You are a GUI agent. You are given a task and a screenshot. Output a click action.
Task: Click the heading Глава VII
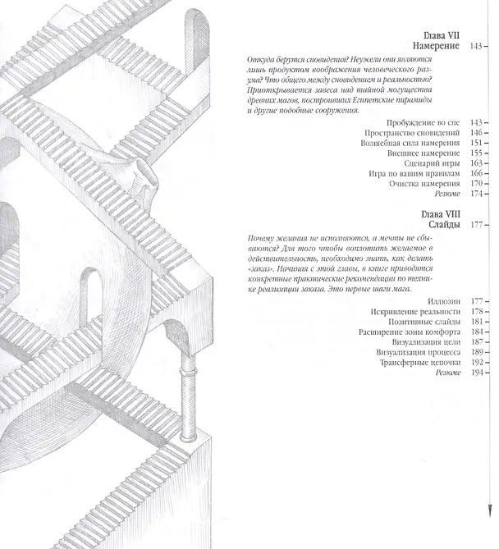(x=442, y=35)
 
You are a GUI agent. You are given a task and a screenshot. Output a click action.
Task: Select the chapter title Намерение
(x=436, y=46)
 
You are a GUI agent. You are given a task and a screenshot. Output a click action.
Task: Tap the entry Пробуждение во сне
(x=423, y=122)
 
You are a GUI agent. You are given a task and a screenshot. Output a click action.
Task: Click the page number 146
(x=477, y=133)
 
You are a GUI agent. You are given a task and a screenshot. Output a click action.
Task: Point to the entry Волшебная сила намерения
(x=410, y=143)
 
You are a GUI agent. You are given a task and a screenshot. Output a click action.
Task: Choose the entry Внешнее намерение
(x=423, y=153)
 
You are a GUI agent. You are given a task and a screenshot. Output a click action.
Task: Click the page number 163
(x=477, y=163)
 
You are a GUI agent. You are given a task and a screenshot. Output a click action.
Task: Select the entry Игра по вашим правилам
(x=414, y=173)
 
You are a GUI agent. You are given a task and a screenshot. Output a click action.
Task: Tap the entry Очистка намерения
(x=424, y=184)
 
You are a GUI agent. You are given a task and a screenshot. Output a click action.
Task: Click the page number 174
(x=477, y=194)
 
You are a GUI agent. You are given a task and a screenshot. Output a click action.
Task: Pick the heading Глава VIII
(x=441, y=214)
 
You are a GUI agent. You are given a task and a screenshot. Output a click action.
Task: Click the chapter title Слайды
(x=444, y=224)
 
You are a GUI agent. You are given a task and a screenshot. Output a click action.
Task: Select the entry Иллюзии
(x=444, y=301)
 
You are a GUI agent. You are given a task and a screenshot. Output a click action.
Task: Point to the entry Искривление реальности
(x=415, y=312)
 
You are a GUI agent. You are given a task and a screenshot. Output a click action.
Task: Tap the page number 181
(x=478, y=322)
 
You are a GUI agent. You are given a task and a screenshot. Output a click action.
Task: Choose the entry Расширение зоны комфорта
(x=410, y=332)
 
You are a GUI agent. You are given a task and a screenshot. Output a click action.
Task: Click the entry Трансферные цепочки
(x=420, y=363)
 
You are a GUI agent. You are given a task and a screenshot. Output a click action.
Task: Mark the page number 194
(x=478, y=373)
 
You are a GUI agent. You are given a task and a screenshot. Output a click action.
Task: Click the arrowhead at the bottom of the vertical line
(x=490, y=510)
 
